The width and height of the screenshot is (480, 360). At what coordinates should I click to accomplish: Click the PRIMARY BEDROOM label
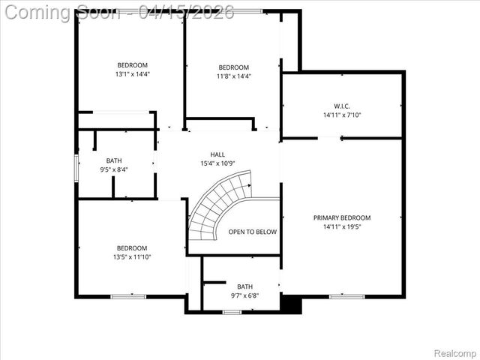click(342, 217)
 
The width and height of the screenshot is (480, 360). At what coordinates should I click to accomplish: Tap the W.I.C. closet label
click(342, 106)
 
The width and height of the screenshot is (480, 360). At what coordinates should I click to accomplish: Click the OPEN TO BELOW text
click(253, 232)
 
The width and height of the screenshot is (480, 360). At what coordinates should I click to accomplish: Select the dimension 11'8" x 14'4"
click(234, 76)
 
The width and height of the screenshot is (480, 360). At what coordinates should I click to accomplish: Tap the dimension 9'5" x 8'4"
click(114, 169)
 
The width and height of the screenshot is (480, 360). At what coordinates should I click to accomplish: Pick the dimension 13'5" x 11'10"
click(132, 257)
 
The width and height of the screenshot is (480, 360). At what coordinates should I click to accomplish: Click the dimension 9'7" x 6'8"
click(245, 295)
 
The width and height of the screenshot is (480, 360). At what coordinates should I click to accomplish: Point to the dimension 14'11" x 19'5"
click(342, 226)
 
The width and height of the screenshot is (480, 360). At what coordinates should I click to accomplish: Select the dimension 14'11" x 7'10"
click(342, 115)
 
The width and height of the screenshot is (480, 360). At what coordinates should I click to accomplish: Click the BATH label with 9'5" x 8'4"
click(114, 160)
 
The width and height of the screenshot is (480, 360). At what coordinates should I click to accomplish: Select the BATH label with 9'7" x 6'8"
click(245, 286)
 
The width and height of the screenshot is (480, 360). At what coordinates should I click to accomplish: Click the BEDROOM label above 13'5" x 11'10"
click(132, 248)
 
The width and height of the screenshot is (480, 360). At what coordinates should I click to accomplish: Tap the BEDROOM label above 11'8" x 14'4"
click(234, 67)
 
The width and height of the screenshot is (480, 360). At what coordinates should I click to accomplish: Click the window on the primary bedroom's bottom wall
click(347, 296)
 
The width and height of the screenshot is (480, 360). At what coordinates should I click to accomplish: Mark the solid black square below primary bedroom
click(291, 304)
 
